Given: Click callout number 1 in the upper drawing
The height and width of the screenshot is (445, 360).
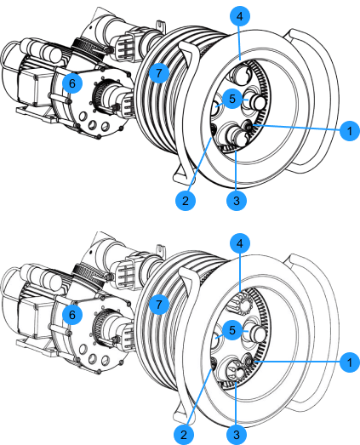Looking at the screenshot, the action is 350,130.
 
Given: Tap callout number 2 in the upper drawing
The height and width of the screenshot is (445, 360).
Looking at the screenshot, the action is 186,201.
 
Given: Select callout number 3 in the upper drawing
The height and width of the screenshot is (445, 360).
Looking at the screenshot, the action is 237,201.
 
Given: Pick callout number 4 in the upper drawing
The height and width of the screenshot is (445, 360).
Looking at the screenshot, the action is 240,16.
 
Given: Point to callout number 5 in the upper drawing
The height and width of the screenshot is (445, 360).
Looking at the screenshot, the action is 232,99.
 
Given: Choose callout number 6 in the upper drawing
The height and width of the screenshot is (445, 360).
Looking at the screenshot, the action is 72,83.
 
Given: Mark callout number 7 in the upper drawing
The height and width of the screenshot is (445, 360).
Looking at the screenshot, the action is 159,73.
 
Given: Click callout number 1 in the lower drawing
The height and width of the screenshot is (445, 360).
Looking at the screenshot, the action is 350,362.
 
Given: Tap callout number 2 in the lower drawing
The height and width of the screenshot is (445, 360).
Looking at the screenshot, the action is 184,434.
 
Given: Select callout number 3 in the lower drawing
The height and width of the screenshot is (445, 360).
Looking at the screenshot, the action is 237,434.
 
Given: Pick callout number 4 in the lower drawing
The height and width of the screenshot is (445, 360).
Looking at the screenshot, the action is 240,243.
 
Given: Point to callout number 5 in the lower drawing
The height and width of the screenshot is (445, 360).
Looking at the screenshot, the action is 232,330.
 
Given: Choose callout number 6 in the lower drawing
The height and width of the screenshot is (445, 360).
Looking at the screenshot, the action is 72,315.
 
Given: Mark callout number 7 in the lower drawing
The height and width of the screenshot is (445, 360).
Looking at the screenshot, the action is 159,305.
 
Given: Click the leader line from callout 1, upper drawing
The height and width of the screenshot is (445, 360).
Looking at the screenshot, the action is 297,127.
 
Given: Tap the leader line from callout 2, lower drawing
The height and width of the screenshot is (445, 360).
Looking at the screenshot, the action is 200,397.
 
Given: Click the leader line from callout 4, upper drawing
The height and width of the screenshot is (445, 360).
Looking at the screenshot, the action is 240,43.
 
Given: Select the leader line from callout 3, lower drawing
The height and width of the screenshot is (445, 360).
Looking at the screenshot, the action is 237,403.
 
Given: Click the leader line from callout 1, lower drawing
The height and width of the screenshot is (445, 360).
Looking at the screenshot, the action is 298,362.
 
